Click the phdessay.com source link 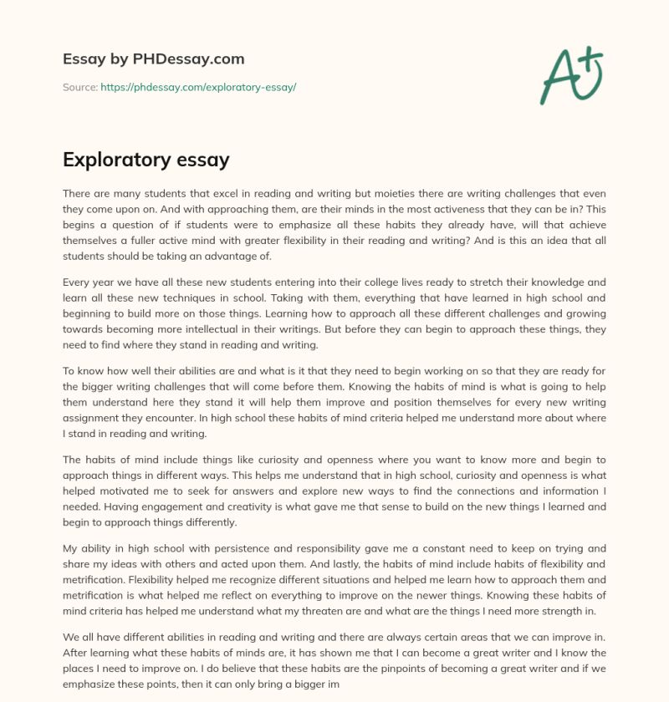click(198, 87)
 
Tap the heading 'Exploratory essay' click(146, 159)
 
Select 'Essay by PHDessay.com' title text click(153, 58)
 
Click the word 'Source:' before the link click(79, 87)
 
